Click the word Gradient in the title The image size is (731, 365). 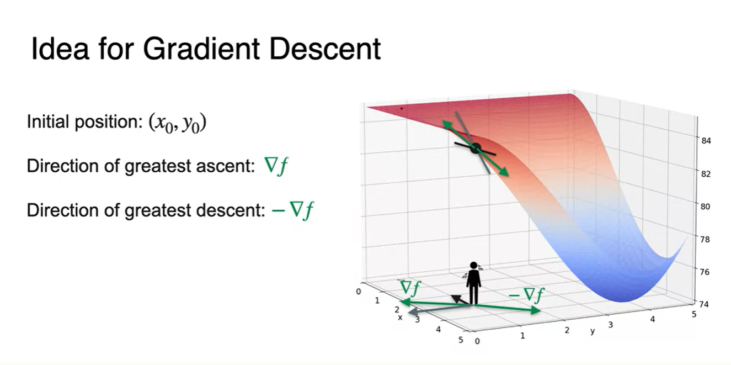[201, 49]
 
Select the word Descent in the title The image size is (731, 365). [326, 49]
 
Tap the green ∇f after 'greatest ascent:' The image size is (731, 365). [276, 166]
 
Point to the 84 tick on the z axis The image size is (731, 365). [706, 141]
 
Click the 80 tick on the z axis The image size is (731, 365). [706, 207]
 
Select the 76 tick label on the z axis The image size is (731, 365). [705, 272]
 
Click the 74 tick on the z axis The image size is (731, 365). [704, 305]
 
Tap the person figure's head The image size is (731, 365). [473, 266]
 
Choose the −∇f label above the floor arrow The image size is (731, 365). [526, 295]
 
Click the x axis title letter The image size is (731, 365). [400, 318]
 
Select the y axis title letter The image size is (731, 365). [593, 331]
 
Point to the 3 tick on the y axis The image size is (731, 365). [610, 325]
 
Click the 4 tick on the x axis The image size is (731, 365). [438, 329]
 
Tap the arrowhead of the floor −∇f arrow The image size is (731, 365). [536, 310]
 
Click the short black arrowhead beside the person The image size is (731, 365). [455, 298]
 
